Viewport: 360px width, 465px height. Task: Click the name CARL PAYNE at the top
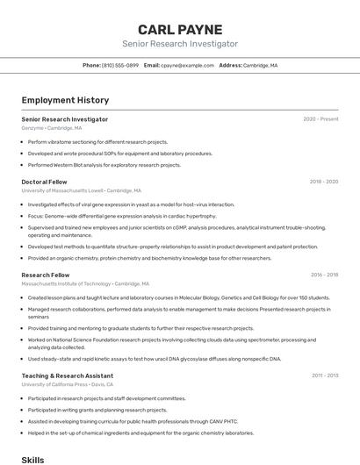(x=179, y=29)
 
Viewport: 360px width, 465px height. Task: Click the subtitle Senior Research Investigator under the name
(x=179, y=44)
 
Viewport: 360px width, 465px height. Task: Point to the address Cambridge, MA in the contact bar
(x=260, y=65)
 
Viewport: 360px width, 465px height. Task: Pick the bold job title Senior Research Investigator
(x=65, y=119)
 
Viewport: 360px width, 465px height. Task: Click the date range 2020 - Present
(x=320, y=119)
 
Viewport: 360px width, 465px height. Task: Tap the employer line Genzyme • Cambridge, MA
(x=52, y=128)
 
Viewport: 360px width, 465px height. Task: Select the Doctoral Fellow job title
(x=44, y=182)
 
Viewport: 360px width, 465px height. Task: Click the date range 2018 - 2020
(x=323, y=182)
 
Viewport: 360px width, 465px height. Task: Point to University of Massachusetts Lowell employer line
(x=81, y=190)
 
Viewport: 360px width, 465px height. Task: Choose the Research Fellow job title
(x=46, y=275)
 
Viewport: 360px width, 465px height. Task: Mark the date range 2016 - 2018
(x=323, y=275)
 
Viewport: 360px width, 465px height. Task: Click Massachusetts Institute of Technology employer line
(x=85, y=283)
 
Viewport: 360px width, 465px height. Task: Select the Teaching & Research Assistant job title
(x=68, y=376)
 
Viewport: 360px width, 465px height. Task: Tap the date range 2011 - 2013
(x=324, y=376)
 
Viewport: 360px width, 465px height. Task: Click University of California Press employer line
(x=68, y=384)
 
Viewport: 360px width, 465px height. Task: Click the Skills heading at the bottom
(x=32, y=459)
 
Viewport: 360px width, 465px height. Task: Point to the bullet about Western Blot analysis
(x=104, y=165)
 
